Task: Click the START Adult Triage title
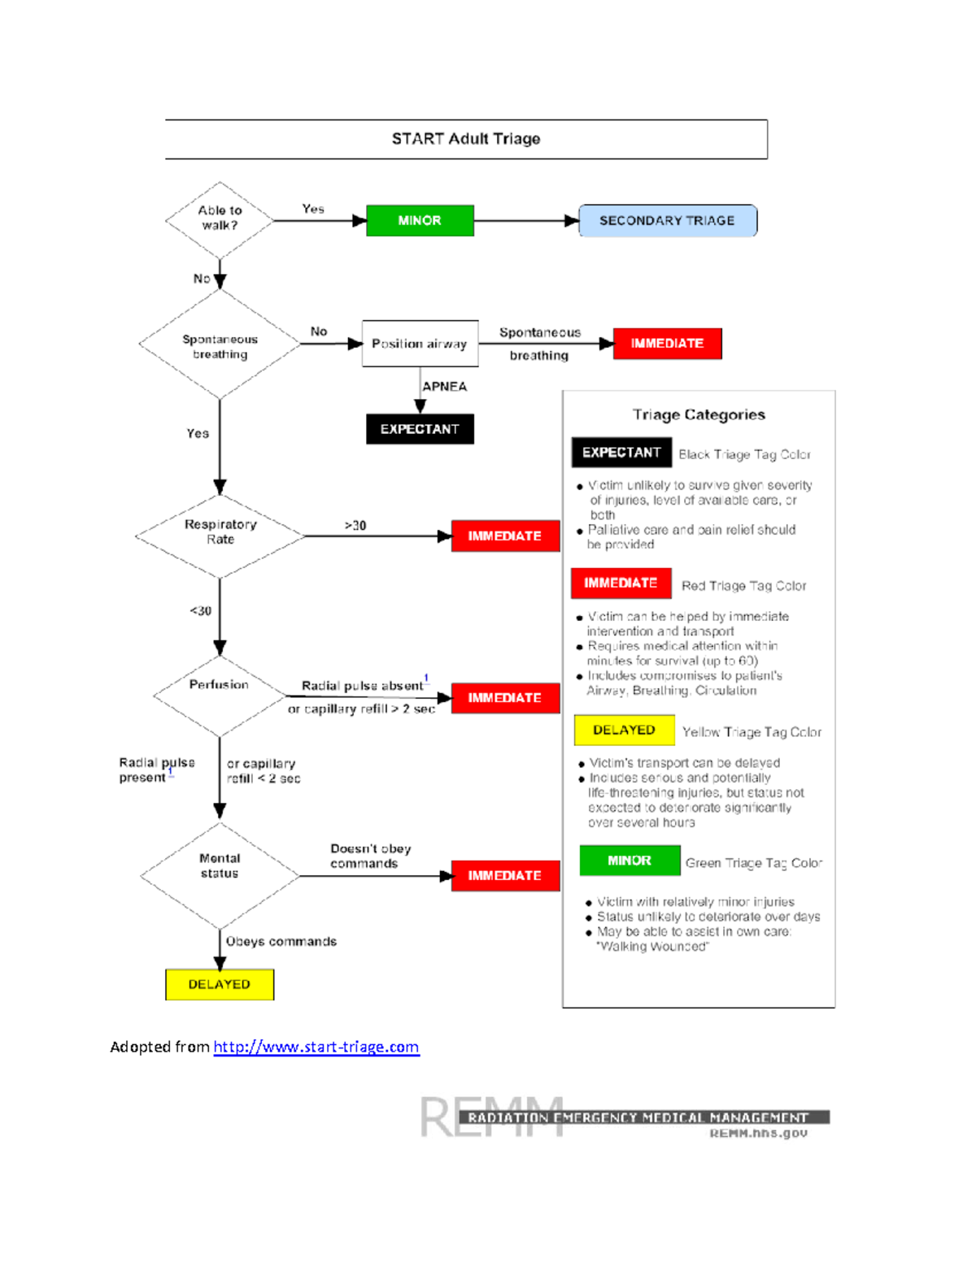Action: coord(466,139)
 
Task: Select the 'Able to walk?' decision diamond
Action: coord(220,219)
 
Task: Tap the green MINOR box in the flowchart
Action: coord(420,221)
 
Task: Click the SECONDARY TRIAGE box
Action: coord(667,221)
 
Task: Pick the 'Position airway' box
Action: coord(420,344)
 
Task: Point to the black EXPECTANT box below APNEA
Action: coord(420,429)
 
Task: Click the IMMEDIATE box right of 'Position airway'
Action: coord(667,344)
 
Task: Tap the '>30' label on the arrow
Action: coord(355,526)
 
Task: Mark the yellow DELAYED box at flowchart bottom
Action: coord(220,985)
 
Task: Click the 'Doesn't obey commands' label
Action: coord(370,856)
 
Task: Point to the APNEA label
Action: coord(444,387)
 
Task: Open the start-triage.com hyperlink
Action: coord(316,1047)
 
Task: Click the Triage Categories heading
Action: coord(699,415)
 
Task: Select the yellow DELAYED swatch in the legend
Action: coord(624,731)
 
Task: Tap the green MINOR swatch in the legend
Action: coord(630,861)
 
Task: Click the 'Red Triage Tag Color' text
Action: coord(743,586)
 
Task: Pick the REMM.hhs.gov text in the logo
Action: coord(758,1134)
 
